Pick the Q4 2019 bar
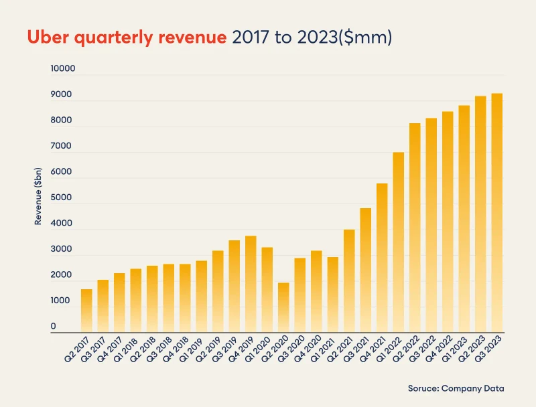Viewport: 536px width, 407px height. (x=251, y=284)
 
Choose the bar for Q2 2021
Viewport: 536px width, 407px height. (x=349, y=281)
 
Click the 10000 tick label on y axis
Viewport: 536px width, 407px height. (x=63, y=69)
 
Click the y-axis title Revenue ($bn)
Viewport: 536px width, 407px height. (x=38, y=195)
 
